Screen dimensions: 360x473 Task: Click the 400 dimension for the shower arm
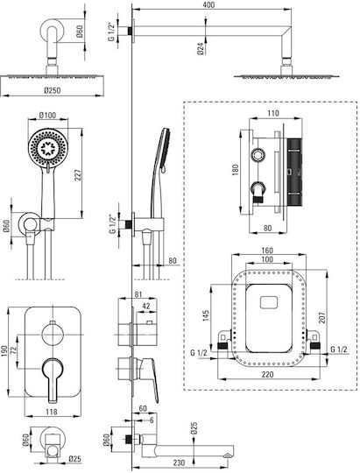208,5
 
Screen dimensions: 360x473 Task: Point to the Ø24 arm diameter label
201,48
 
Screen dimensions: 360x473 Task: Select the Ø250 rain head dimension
52,90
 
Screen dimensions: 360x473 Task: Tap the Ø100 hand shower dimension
47,116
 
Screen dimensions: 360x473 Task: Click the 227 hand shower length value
78,176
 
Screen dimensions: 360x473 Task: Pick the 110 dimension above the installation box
273,113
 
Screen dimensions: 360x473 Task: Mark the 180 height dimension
236,170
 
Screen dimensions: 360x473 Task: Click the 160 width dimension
267,251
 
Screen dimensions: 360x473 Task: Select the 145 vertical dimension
206,316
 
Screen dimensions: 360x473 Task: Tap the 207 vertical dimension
322,318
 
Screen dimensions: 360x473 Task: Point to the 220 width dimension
267,374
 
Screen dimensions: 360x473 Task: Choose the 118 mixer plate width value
52,412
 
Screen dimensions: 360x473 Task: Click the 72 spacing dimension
14,350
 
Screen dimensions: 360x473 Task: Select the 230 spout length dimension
179,462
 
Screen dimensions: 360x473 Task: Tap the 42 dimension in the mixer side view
146,306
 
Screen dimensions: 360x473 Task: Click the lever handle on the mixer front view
53,379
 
